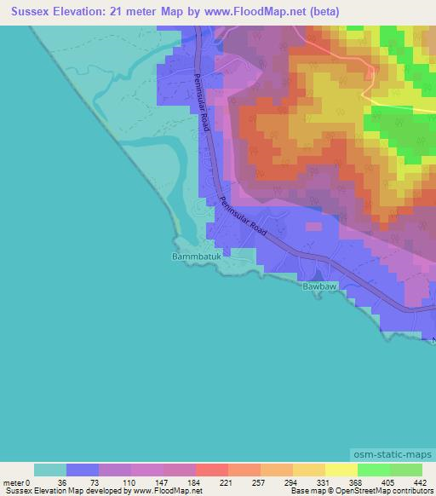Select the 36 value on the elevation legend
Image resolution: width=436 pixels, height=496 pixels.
pos(61,482)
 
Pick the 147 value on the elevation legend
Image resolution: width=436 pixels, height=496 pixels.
pos(158,482)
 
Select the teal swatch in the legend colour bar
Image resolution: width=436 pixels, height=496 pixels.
pos(50,470)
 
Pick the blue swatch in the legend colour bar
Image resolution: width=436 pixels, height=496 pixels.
pos(83,470)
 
